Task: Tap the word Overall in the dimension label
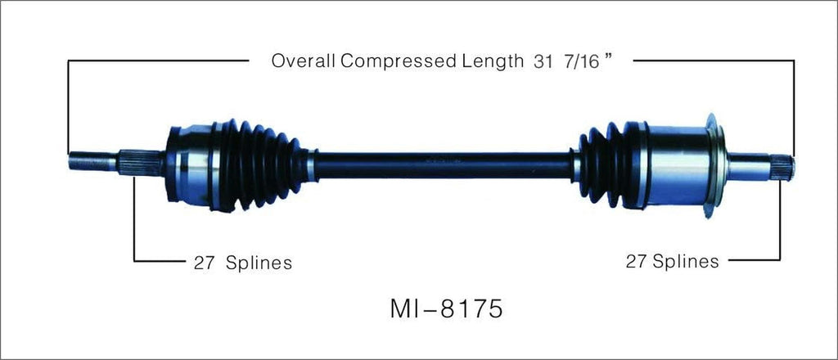(300, 61)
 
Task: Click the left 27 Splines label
(243, 263)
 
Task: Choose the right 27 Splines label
(673, 261)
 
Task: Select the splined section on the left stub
(131, 162)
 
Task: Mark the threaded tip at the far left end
(82, 161)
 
